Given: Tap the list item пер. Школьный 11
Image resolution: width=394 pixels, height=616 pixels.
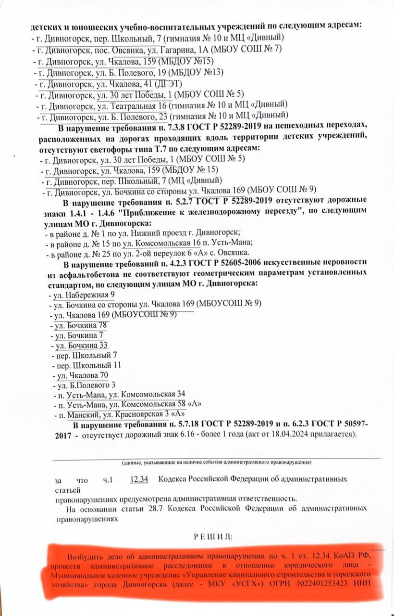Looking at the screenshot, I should click(x=86, y=365).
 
